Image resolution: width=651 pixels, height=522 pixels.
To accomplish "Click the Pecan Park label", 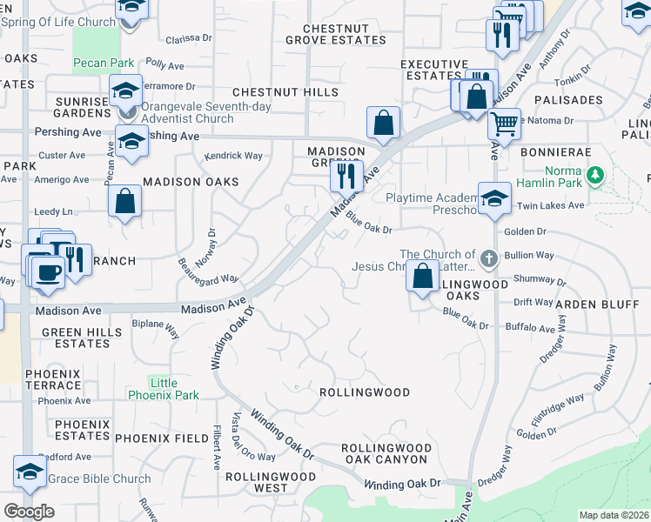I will tap(104, 63).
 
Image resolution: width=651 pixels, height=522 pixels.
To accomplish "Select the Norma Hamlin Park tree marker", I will tap(595, 176).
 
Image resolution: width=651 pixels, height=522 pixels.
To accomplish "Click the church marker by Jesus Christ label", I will tap(488, 257).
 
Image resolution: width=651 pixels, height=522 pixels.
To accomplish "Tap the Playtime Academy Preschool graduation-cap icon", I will tap(494, 198).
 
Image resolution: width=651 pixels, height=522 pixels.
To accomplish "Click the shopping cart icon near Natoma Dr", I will tap(504, 124).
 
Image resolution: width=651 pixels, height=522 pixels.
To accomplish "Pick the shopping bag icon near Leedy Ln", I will tap(125, 201).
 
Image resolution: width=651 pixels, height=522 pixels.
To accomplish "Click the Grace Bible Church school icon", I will tap(30, 472).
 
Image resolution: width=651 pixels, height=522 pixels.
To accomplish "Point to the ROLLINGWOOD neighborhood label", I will tap(365, 392).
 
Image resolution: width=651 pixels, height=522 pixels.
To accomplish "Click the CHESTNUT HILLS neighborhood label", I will tap(273, 92).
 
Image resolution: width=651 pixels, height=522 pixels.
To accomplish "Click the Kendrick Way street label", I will tap(233, 156).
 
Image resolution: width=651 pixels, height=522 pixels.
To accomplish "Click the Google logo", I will tap(29, 512).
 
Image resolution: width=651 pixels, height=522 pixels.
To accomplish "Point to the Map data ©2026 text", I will tap(613, 515).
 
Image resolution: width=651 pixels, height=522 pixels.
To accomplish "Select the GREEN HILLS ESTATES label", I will tap(77, 338).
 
